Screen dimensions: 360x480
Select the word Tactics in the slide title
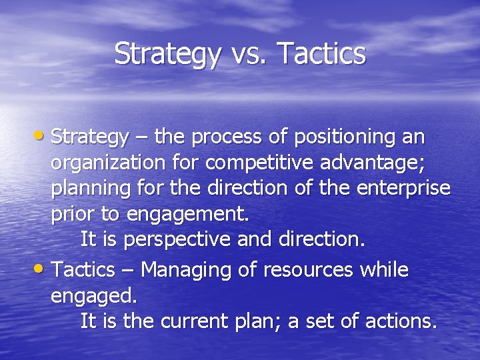coord(320,55)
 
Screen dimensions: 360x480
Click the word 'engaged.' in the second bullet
coord(93,296)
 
